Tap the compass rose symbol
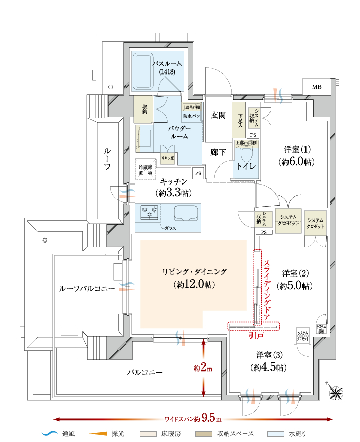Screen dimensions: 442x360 coord(337,393)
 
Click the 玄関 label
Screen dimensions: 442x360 coord(218,115)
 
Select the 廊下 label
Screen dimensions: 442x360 coord(218,152)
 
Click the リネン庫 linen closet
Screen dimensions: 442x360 coord(169,158)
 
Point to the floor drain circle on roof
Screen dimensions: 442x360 coord(45,240)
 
